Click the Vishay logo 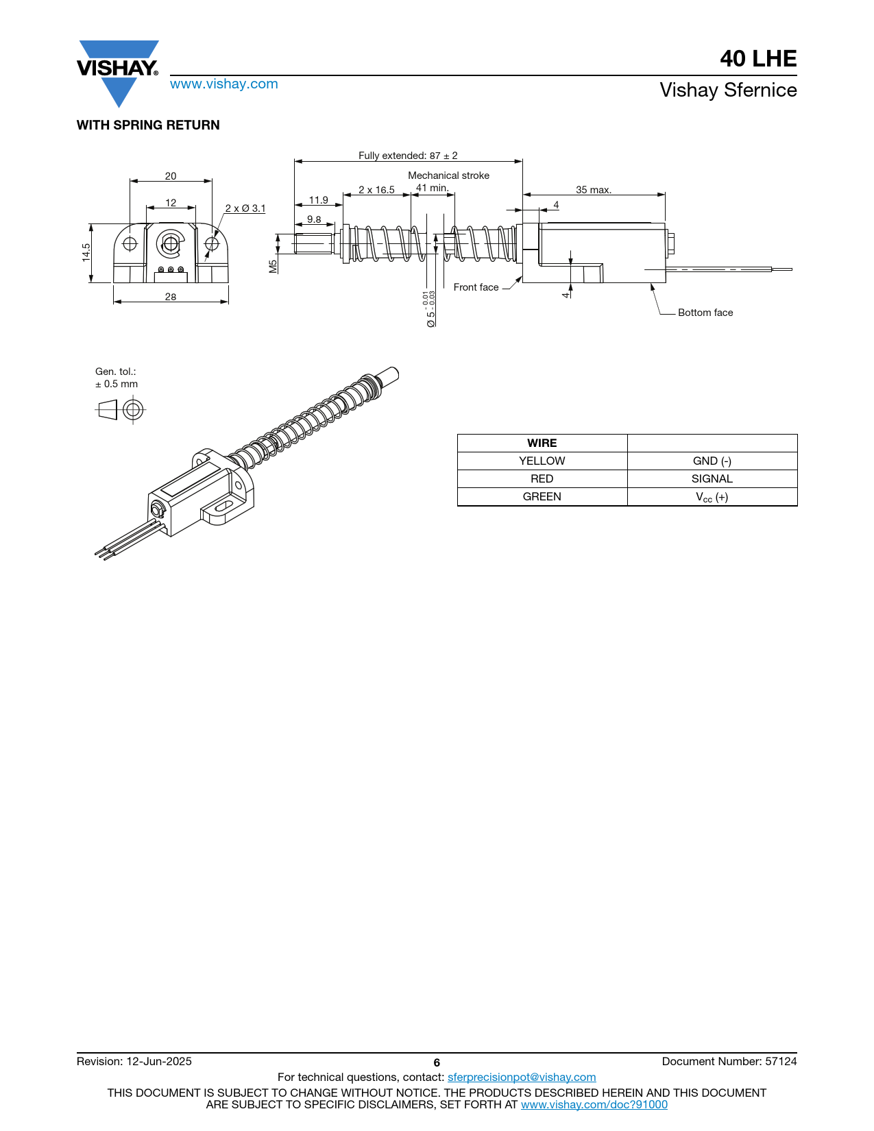[118, 73]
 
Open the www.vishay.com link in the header [224, 84]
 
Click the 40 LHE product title [758, 58]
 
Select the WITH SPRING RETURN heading [148, 125]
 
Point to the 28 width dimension [171, 297]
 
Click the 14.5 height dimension [86, 252]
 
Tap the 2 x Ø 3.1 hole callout [245, 208]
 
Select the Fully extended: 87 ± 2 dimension [408, 155]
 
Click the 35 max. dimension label [594, 189]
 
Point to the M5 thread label [274, 267]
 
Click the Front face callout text [476, 287]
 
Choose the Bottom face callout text [705, 313]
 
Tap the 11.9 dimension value [319, 200]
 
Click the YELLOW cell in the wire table [542, 461]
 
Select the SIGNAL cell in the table [712, 478]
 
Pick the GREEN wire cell [542, 496]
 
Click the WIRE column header [542, 443]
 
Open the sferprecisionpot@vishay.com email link [522, 1077]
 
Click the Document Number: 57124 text [729, 1061]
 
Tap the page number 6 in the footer [437, 1063]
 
